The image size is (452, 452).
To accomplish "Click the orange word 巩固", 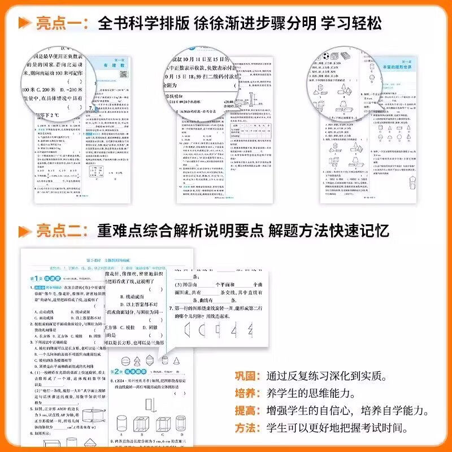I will tap(246, 376).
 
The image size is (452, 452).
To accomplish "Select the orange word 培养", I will tap(246, 393).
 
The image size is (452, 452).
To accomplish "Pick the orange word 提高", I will tap(246, 410).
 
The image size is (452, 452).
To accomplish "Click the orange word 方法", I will tap(246, 428).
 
